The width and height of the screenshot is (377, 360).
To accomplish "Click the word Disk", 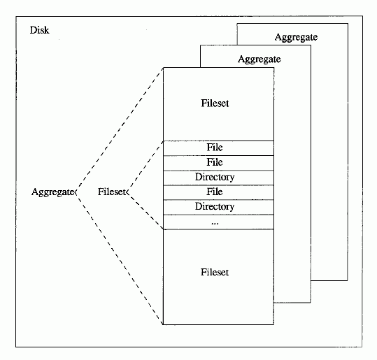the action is [x=39, y=30].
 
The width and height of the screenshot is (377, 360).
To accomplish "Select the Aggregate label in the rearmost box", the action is [x=296, y=37].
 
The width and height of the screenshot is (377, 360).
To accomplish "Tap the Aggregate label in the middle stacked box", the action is [x=259, y=59].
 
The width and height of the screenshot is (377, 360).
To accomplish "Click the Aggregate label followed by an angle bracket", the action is [x=52, y=192].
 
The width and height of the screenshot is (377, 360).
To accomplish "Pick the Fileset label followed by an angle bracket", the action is [x=112, y=192].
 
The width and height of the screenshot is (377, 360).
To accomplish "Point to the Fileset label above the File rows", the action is [x=215, y=103].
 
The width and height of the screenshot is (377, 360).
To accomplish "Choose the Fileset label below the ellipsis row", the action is [x=215, y=272].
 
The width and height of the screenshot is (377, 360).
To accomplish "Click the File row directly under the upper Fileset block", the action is [x=218, y=148].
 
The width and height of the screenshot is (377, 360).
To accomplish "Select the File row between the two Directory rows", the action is [x=218, y=192].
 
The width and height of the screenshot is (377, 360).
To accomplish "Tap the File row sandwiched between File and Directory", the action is [x=218, y=163].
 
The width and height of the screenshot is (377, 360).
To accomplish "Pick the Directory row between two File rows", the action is [x=218, y=178].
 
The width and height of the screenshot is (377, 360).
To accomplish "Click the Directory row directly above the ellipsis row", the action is [x=218, y=207].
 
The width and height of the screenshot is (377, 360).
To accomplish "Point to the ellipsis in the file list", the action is [x=215, y=224].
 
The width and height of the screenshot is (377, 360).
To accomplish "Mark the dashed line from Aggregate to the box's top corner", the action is [x=120, y=130].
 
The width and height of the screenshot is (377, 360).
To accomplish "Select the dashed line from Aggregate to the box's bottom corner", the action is [x=120, y=258].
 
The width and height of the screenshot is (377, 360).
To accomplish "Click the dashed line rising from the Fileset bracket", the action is [x=146, y=166].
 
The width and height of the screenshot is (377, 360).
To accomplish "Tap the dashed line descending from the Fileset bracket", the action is [x=146, y=210].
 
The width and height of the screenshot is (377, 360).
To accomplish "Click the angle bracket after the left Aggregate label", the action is [x=76, y=192].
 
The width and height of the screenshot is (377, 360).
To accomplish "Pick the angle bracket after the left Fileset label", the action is [x=128, y=192].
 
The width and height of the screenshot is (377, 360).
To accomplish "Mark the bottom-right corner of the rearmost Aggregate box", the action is [x=348, y=280].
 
